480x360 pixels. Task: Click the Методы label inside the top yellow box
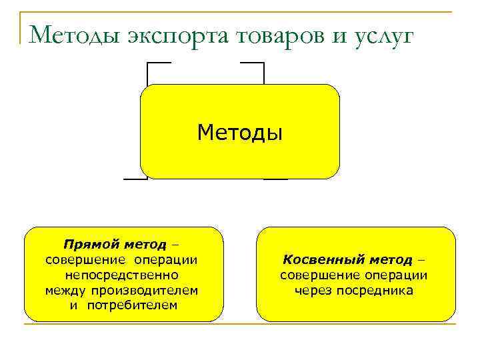pos(240,132)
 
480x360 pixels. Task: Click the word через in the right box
pos(314,290)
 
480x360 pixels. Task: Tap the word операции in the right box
pos(398,275)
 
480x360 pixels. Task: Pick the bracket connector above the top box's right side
pos(253,63)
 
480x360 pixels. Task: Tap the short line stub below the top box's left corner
pos(135,179)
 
